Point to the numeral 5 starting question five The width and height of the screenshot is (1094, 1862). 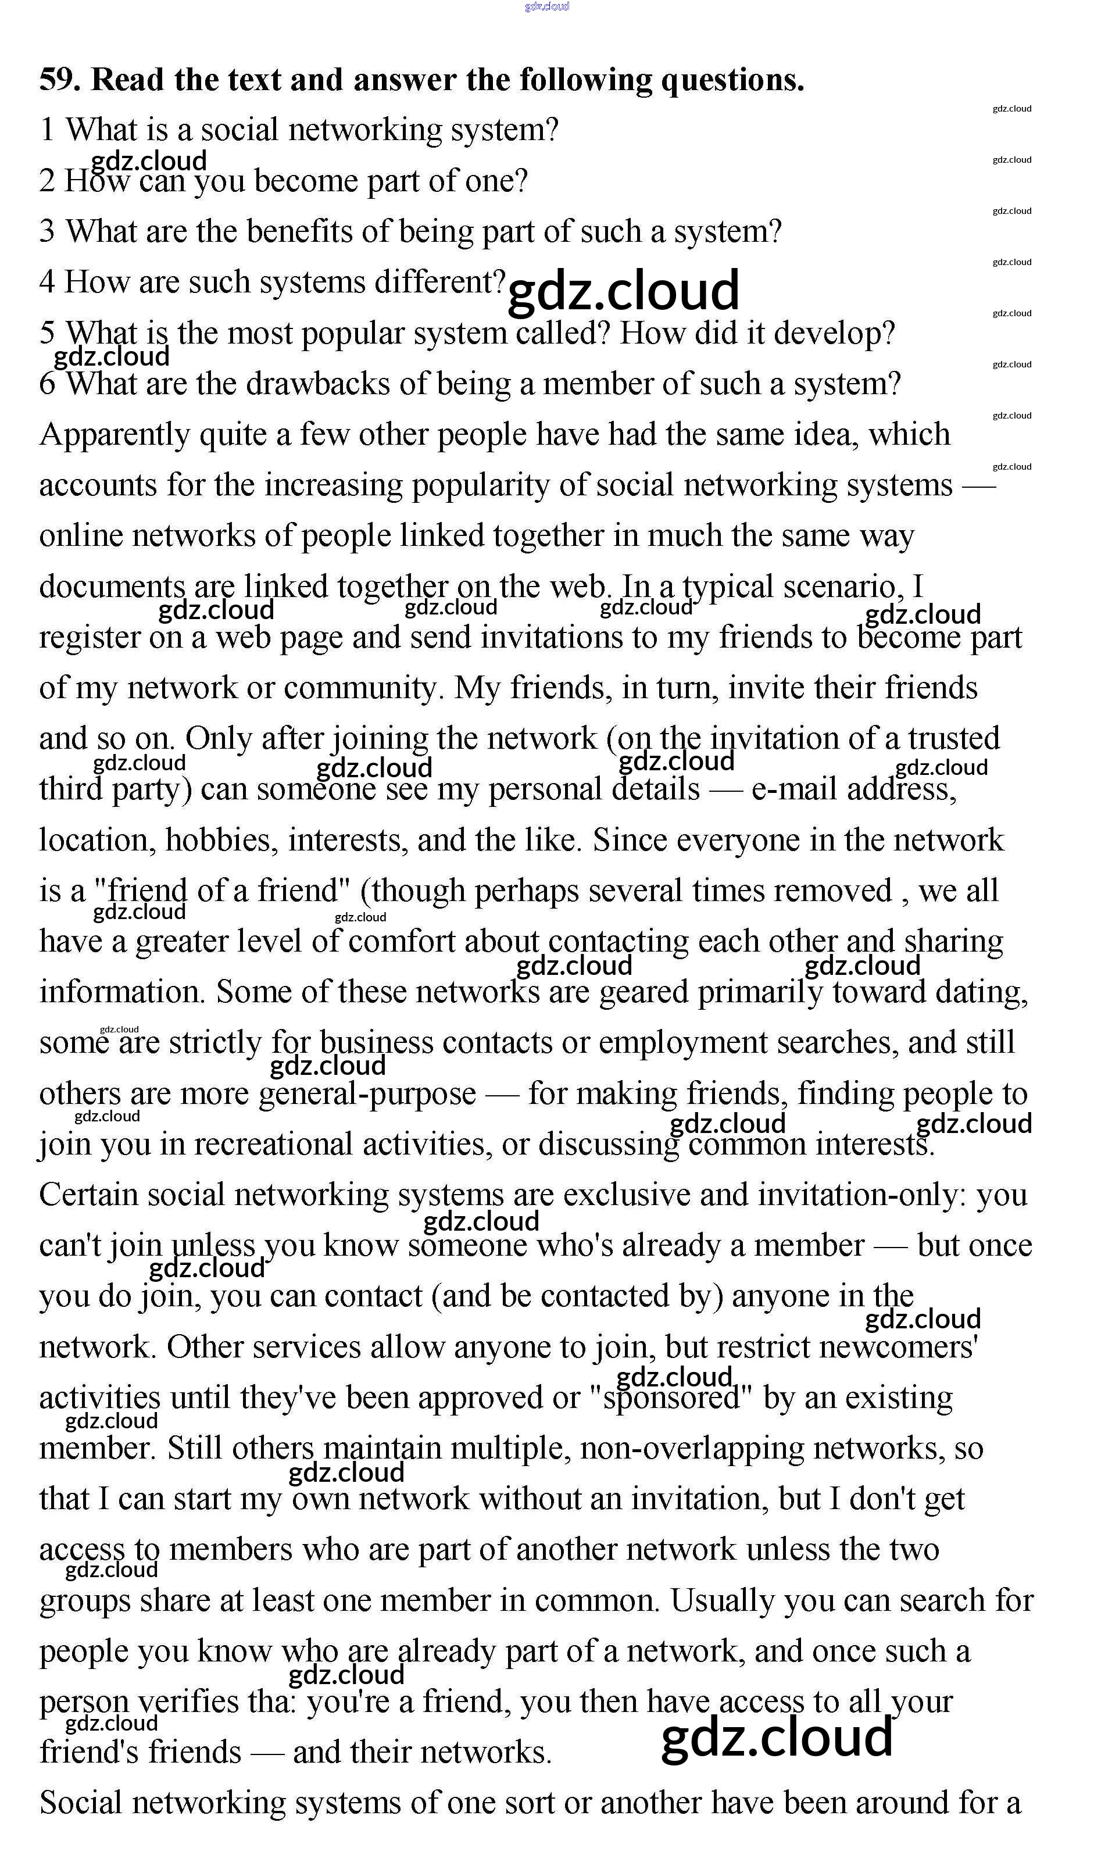(47, 333)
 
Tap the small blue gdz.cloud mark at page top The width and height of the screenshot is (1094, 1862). (546, 6)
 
